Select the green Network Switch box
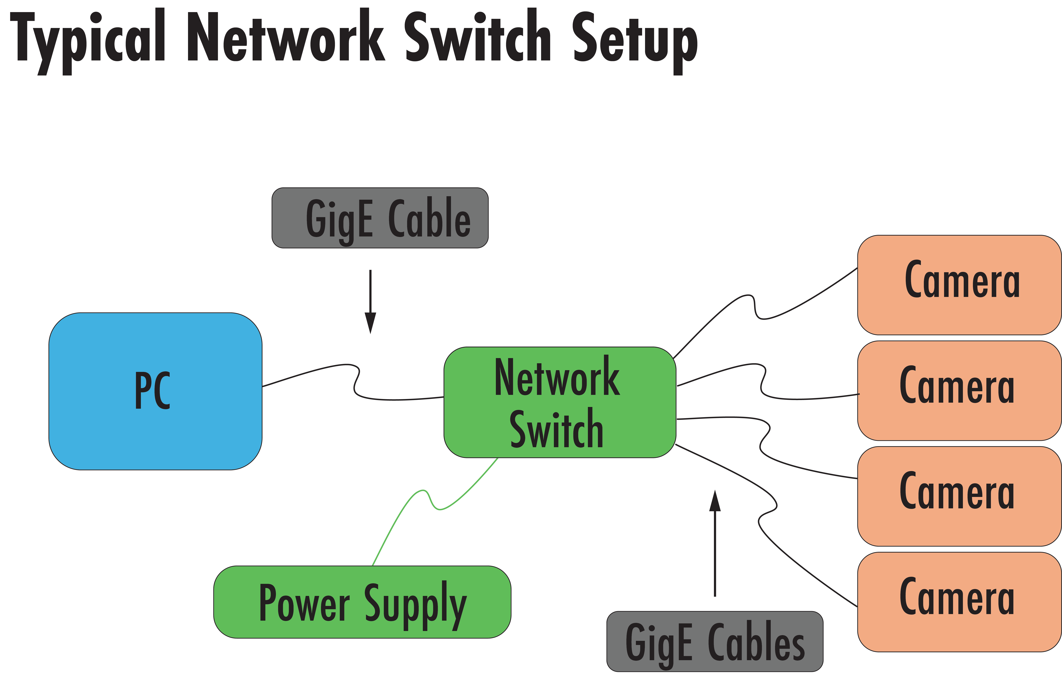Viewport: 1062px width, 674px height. (x=559, y=402)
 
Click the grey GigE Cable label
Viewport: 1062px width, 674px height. (x=380, y=218)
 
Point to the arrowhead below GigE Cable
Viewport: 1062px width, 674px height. (x=370, y=322)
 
